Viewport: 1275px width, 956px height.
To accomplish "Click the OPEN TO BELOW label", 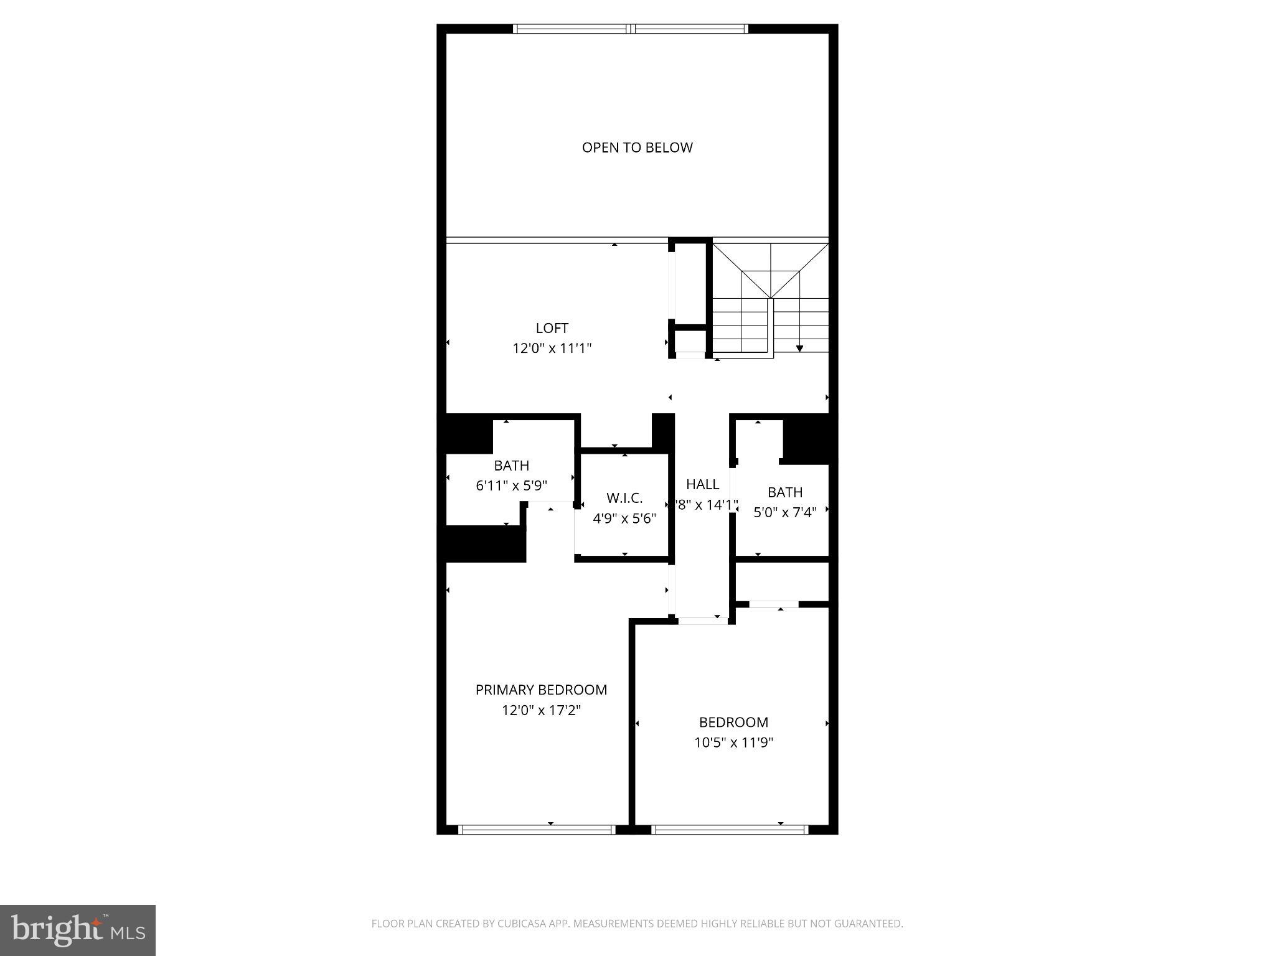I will coord(637,148).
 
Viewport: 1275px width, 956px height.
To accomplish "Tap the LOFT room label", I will coord(552,328).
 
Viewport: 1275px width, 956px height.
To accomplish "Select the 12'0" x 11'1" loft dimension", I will coord(552,348).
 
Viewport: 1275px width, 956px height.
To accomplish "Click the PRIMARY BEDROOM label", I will coord(541,690).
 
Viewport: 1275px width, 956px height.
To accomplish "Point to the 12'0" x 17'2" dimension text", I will coord(541,710).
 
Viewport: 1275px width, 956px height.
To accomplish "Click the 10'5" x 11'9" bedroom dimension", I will coord(733,743).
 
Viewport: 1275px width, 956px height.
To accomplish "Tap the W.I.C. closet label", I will coord(624,498).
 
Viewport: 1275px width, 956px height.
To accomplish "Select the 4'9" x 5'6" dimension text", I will coord(624,518).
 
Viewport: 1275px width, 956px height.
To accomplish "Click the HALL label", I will coord(702,484).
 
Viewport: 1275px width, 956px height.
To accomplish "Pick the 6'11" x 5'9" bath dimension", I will coord(512,485).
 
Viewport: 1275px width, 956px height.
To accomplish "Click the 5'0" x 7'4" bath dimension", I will coord(784,513).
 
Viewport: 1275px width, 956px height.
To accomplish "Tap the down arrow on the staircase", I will coord(799,348).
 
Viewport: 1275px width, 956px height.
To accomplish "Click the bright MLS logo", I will coord(78,930).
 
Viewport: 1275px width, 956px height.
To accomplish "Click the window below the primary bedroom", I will coord(537,830).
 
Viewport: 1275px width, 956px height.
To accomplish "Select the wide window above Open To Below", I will coord(630,29).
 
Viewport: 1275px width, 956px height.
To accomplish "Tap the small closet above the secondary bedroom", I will coord(782,582).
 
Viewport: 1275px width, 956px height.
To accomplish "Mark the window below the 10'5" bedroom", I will coord(730,830).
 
